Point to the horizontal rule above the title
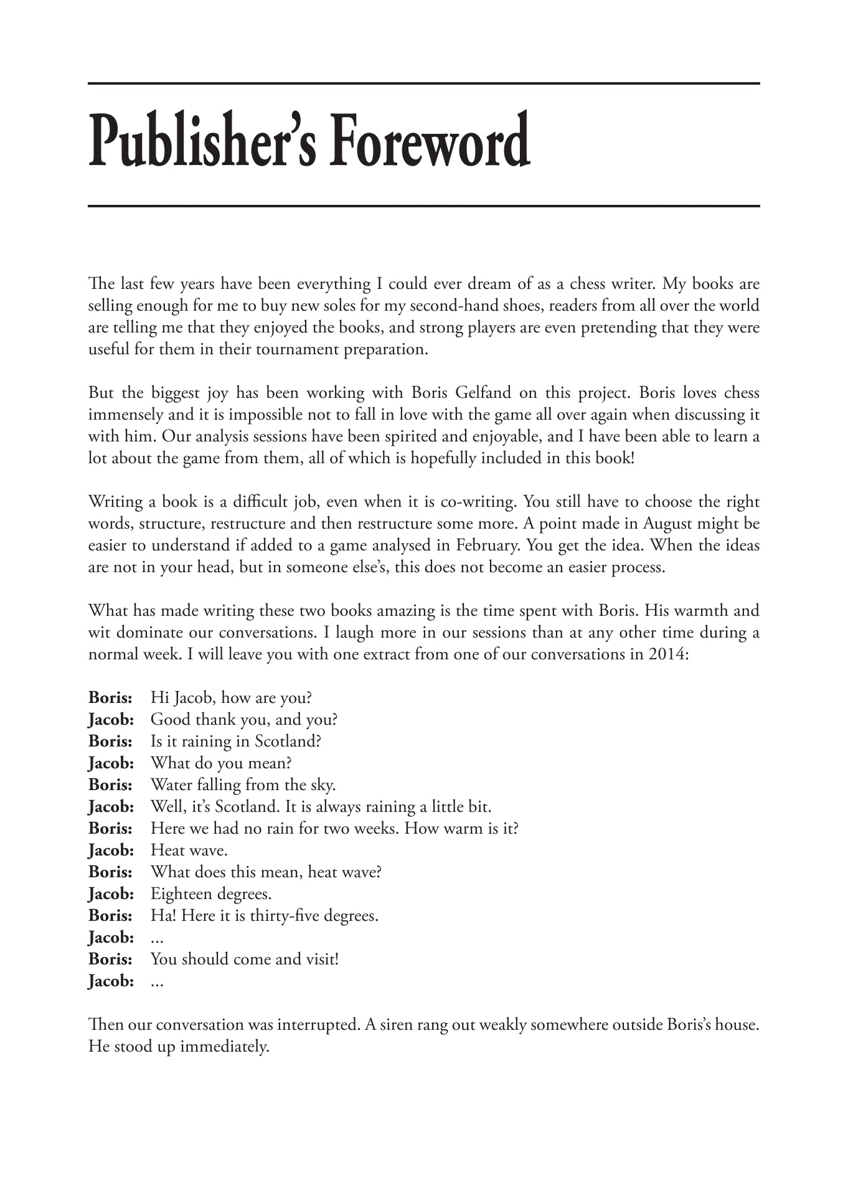(x=423, y=83)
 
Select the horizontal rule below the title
(x=423, y=206)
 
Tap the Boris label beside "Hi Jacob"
(x=110, y=698)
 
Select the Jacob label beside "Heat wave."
(x=111, y=850)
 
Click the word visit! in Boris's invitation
(x=322, y=959)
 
